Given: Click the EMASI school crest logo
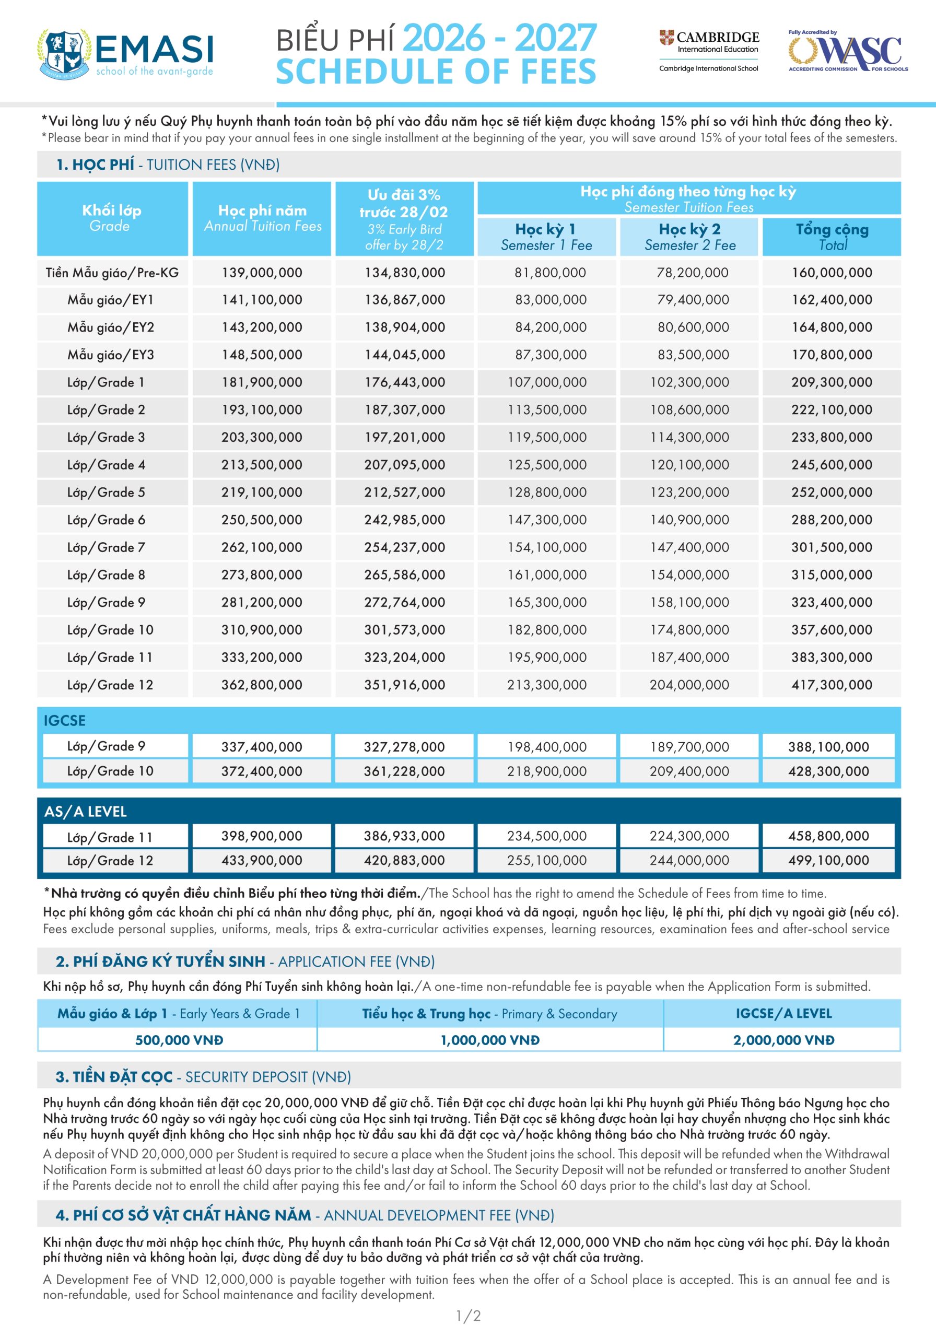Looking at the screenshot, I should pos(64,54).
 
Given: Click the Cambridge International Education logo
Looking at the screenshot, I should pos(709,51).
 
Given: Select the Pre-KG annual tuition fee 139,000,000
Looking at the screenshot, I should pos(262,273).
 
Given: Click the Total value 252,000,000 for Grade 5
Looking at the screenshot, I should pos(831,492).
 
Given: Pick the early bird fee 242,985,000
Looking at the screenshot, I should pos(404,520).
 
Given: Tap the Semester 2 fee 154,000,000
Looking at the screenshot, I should pos(689,574).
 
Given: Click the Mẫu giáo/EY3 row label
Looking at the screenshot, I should pos(111,355).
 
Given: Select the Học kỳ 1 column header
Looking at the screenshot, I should pos(546,237).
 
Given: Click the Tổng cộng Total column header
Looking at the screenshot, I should pos(832,237).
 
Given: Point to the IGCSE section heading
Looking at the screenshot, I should pos(65,720).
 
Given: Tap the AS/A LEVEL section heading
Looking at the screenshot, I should pos(85,811).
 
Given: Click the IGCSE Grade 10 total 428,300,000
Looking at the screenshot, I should pos(828,771).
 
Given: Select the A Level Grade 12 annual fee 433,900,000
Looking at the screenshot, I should pos(262,860).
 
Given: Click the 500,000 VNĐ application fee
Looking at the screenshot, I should pos(179,1040).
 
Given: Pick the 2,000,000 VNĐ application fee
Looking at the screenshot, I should pos(783,1040).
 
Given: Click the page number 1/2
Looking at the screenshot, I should pos(467,1316).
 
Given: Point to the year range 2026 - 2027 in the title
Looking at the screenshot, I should pos(500,38).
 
